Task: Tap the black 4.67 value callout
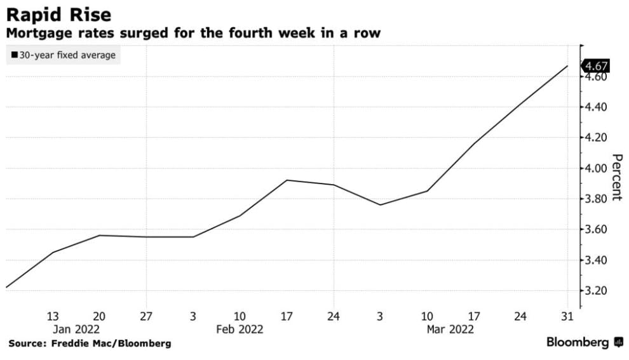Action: [x=597, y=66]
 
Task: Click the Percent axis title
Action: [x=616, y=177]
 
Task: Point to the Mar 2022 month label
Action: [x=450, y=330]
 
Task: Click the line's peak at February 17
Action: [x=287, y=180]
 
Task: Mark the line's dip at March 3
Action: [x=381, y=204]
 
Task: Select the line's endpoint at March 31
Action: [x=567, y=66]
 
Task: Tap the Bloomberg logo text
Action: [x=578, y=343]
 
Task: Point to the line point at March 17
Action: [x=473, y=143]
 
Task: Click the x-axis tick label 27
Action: [x=146, y=317]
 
